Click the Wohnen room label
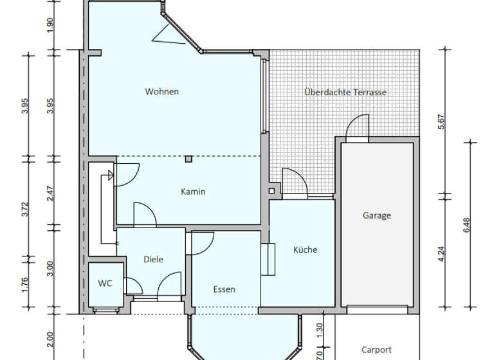161,91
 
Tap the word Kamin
193,192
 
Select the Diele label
153,260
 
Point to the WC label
105,283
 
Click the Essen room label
224,289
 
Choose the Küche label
305,249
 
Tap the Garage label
376,216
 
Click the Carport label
376,350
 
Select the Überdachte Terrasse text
345,92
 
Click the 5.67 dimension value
441,122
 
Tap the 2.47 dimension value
51,193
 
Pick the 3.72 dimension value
25,209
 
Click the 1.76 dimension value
25,284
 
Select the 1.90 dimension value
51,24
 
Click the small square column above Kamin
188,159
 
